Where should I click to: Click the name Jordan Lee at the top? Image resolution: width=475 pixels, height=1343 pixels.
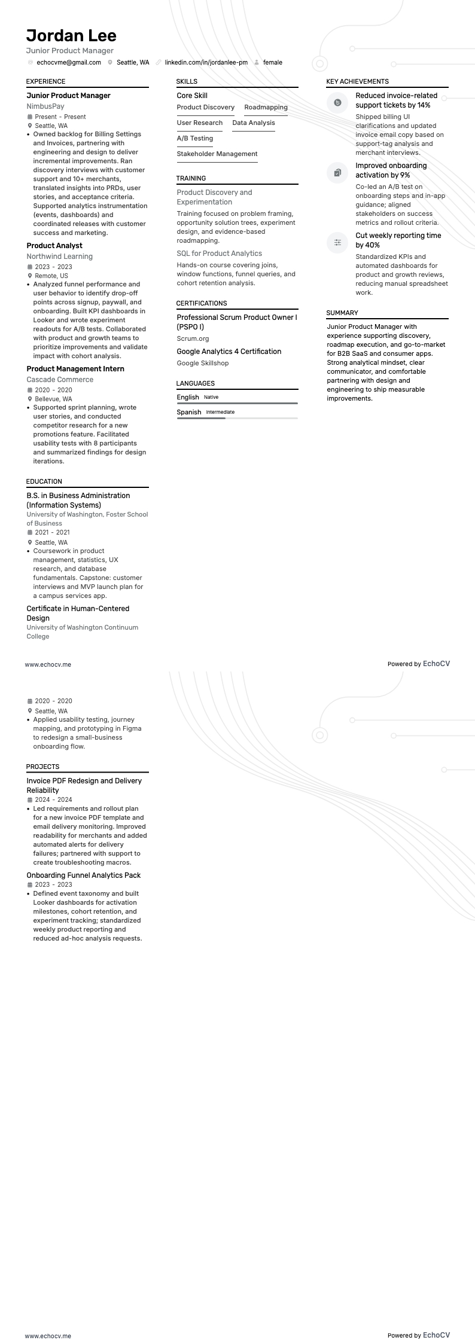point(71,35)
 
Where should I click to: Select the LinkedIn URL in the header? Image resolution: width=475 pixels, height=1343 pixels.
point(206,62)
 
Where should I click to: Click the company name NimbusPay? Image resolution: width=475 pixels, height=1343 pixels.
point(45,106)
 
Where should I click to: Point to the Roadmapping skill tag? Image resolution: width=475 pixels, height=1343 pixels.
point(266,108)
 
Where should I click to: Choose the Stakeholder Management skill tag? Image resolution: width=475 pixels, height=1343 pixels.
point(217,154)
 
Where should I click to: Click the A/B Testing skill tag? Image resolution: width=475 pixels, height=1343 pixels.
point(194,139)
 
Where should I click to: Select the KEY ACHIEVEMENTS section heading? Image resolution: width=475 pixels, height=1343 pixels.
point(357,81)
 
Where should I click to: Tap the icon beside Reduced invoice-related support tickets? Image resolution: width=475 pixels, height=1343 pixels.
point(337,102)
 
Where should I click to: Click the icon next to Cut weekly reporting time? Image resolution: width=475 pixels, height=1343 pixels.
point(337,242)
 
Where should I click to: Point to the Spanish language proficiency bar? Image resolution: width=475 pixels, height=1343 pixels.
point(237,418)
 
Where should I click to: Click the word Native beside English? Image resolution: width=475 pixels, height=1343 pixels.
point(211,397)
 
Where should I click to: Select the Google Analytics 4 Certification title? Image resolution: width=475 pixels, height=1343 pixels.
point(229,352)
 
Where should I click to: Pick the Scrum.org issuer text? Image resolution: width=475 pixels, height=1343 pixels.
point(193,338)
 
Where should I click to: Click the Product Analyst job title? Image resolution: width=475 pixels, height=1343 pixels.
point(54,246)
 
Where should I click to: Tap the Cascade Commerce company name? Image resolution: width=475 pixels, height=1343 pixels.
point(60,380)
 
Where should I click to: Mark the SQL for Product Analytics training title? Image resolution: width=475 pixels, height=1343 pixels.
point(219,254)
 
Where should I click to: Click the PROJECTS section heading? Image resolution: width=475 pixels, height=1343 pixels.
point(42,767)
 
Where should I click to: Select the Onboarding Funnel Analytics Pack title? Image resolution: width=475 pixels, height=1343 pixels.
point(83,875)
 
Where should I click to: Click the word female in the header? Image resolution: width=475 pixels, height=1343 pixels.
point(272,62)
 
